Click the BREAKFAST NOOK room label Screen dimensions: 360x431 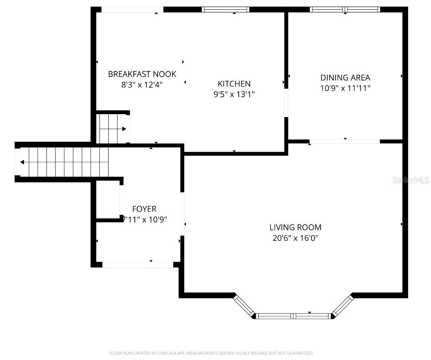coord(142,74)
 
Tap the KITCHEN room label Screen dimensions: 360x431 coord(234,84)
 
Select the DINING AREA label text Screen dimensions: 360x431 coord(345,77)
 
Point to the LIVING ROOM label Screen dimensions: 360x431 coord(295,227)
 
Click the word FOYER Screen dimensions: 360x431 coord(144,209)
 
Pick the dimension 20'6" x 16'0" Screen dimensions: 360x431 coord(295,238)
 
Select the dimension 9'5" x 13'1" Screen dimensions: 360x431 coord(234,94)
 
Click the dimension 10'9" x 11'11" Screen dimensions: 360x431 coord(345,88)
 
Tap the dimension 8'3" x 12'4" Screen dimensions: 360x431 coord(142,84)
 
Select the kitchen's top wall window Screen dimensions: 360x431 coord(226,9)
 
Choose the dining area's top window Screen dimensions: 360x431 coord(345,9)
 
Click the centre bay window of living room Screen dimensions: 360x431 coord(293,316)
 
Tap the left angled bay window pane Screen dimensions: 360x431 coord(243,306)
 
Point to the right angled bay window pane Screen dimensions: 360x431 coord(343,305)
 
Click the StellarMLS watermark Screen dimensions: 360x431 coord(411,180)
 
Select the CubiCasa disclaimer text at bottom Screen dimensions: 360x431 coord(211,353)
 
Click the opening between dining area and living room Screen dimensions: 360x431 coord(345,141)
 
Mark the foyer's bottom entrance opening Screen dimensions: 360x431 coord(138,265)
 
